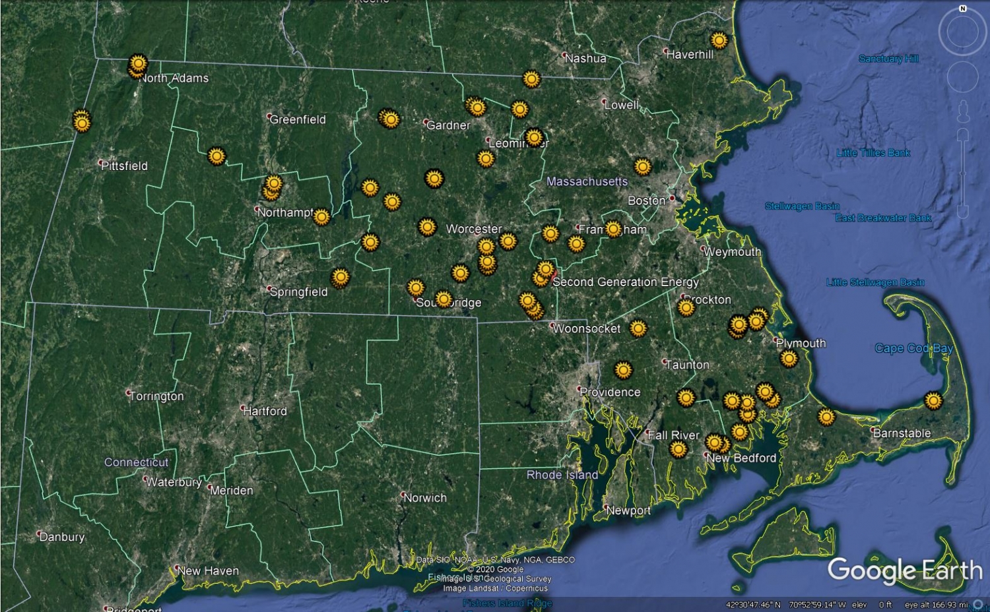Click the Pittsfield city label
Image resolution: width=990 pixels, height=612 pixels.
click(125, 166)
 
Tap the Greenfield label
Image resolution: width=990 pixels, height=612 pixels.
click(297, 119)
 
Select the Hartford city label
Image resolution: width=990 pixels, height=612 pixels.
click(265, 411)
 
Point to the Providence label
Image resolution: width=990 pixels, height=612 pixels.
click(610, 392)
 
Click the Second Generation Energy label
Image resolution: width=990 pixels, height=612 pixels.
click(625, 282)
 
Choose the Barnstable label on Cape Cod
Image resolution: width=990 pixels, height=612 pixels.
click(902, 433)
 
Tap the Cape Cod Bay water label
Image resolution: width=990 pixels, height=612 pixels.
click(913, 348)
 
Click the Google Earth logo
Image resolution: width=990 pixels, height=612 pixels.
click(905, 570)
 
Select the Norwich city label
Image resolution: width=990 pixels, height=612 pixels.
click(425, 498)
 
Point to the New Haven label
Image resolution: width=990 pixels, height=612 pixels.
click(208, 570)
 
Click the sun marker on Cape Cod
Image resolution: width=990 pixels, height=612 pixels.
click(933, 400)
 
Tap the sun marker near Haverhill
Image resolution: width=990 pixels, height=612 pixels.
click(719, 41)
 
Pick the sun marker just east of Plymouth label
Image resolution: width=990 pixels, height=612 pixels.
click(789, 358)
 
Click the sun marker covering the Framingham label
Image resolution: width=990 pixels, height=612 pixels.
click(613, 229)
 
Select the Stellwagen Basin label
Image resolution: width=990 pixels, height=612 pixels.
click(802, 206)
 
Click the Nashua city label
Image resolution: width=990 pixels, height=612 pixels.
click(585, 58)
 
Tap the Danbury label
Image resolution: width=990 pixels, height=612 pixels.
click(62, 537)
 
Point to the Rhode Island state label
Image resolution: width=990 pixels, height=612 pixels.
click(562, 475)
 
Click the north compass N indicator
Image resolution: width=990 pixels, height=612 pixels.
click(962, 9)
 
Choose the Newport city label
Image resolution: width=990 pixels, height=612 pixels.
click(628, 510)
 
